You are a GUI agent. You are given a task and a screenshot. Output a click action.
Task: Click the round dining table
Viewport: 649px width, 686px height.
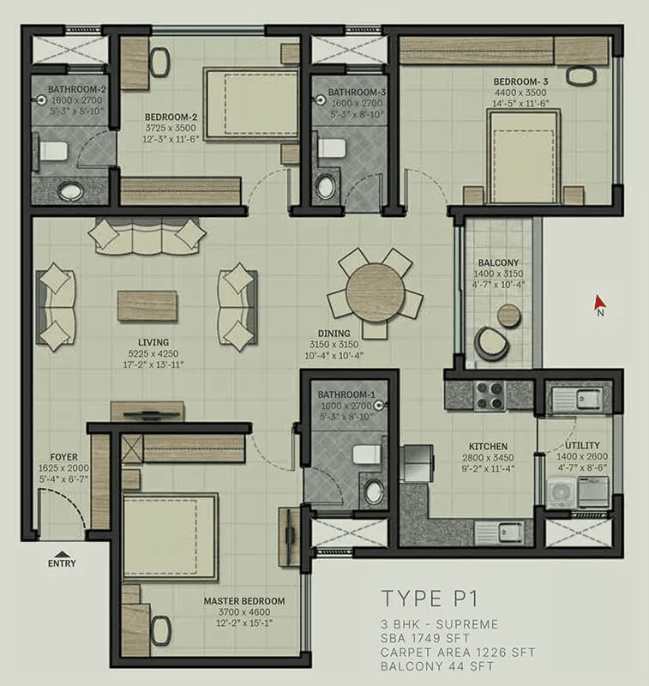click(375, 292)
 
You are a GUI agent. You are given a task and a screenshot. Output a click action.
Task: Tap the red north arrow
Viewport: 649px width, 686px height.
click(598, 303)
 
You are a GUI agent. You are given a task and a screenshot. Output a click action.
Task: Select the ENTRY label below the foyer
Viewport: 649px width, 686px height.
click(62, 563)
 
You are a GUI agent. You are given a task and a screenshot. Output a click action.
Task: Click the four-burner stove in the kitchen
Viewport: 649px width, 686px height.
click(490, 395)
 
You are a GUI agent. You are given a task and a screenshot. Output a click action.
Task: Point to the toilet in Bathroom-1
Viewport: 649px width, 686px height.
click(367, 454)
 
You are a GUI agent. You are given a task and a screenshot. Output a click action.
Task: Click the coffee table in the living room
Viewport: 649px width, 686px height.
click(147, 305)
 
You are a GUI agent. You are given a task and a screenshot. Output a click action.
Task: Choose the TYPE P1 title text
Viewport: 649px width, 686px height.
click(430, 599)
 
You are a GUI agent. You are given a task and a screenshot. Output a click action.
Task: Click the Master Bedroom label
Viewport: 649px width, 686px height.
click(244, 601)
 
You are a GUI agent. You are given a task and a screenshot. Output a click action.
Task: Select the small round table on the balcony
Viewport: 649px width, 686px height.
click(509, 315)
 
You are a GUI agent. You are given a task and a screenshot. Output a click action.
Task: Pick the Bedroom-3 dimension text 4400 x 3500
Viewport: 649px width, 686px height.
click(520, 93)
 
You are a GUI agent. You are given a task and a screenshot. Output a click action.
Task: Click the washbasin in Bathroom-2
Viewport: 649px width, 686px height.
click(71, 190)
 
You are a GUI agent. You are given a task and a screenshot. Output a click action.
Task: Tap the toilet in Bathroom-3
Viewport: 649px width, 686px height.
click(332, 148)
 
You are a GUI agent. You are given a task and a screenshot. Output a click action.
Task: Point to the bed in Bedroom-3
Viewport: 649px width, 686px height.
click(524, 157)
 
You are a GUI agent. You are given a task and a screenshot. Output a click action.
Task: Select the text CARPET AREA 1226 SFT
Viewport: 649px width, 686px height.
click(458, 653)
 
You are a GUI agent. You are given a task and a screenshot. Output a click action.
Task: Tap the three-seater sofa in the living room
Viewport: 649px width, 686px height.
click(147, 237)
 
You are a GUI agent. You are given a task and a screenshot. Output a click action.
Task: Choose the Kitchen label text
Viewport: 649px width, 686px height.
click(488, 447)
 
